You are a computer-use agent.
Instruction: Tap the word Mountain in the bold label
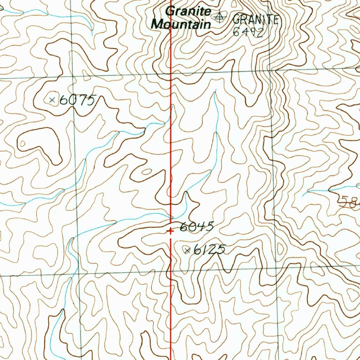pos(181,24)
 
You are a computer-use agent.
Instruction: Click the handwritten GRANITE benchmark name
pos(256,19)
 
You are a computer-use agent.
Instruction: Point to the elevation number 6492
pos(248,32)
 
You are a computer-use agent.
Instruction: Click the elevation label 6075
pos(77,101)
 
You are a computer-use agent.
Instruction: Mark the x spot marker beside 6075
pos(52,100)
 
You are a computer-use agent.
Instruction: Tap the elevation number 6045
pos(197,227)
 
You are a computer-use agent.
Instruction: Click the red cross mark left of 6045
pos(170,231)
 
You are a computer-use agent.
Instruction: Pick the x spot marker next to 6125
pos(187,250)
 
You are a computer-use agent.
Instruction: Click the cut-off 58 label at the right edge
pos(350,202)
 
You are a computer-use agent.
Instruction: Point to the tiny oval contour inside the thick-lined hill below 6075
pos(23,143)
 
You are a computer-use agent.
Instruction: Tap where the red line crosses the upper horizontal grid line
pos(171,74)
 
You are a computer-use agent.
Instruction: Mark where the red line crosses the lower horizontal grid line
pos(171,271)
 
